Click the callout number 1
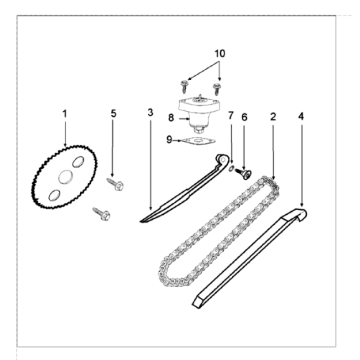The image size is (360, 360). pyautogui.click(x=65, y=114)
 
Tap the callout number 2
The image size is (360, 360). pyautogui.click(x=273, y=117)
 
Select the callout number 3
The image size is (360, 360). pyautogui.click(x=150, y=113)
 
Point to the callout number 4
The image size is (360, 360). pyautogui.click(x=301, y=116)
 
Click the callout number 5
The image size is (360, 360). pyautogui.click(x=114, y=114)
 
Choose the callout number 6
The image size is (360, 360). pyautogui.click(x=244, y=117)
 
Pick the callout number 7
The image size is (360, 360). pyautogui.click(x=231, y=116)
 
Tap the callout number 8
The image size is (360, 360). pyautogui.click(x=171, y=118)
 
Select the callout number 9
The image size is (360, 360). pyautogui.click(x=169, y=140)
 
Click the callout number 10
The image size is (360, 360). pyautogui.click(x=220, y=53)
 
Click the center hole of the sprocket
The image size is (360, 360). pyautogui.click(x=65, y=177)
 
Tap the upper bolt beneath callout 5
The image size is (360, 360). pyautogui.click(x=115, y=184)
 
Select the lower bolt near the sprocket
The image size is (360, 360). pyautogui.click(x=101, y=214)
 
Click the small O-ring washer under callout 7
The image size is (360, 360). pyautogui.click(x=231, y=169)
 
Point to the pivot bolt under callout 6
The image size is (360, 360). pyautogui.click(x=244, y=173)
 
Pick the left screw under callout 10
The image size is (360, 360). pyautogui.click(x=183, y=87)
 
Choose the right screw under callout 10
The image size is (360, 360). pyautogui.click(x=216, y=89)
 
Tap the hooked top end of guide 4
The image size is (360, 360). pyautogui.click(x=301, y=214)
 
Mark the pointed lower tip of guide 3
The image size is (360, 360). pyautogui.click(x=140, y=221)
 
